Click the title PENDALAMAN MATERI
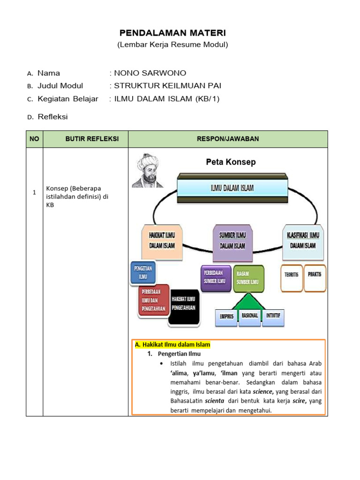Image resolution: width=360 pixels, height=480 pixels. click(x=172, y=33)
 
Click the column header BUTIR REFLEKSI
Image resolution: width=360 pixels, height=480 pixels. click(x=85, y=139)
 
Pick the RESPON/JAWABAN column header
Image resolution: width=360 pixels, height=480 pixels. click(x=228, y=139)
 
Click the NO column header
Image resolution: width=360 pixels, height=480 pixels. click(x=34, y=139)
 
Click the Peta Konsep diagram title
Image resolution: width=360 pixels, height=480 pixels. click(x=231, y=162)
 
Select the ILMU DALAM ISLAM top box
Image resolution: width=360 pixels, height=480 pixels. click(x=232, y=188)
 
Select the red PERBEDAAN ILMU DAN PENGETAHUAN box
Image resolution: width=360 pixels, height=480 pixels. click(x=154, y=300)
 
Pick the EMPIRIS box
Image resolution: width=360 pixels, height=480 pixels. click(x=226, y=316)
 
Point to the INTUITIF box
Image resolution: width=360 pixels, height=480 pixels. click(x=273, y=316)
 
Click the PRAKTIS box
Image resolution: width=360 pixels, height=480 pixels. click(x=314, y=274)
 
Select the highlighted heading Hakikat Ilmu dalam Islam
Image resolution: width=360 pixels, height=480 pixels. click(x=172, y=345)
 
